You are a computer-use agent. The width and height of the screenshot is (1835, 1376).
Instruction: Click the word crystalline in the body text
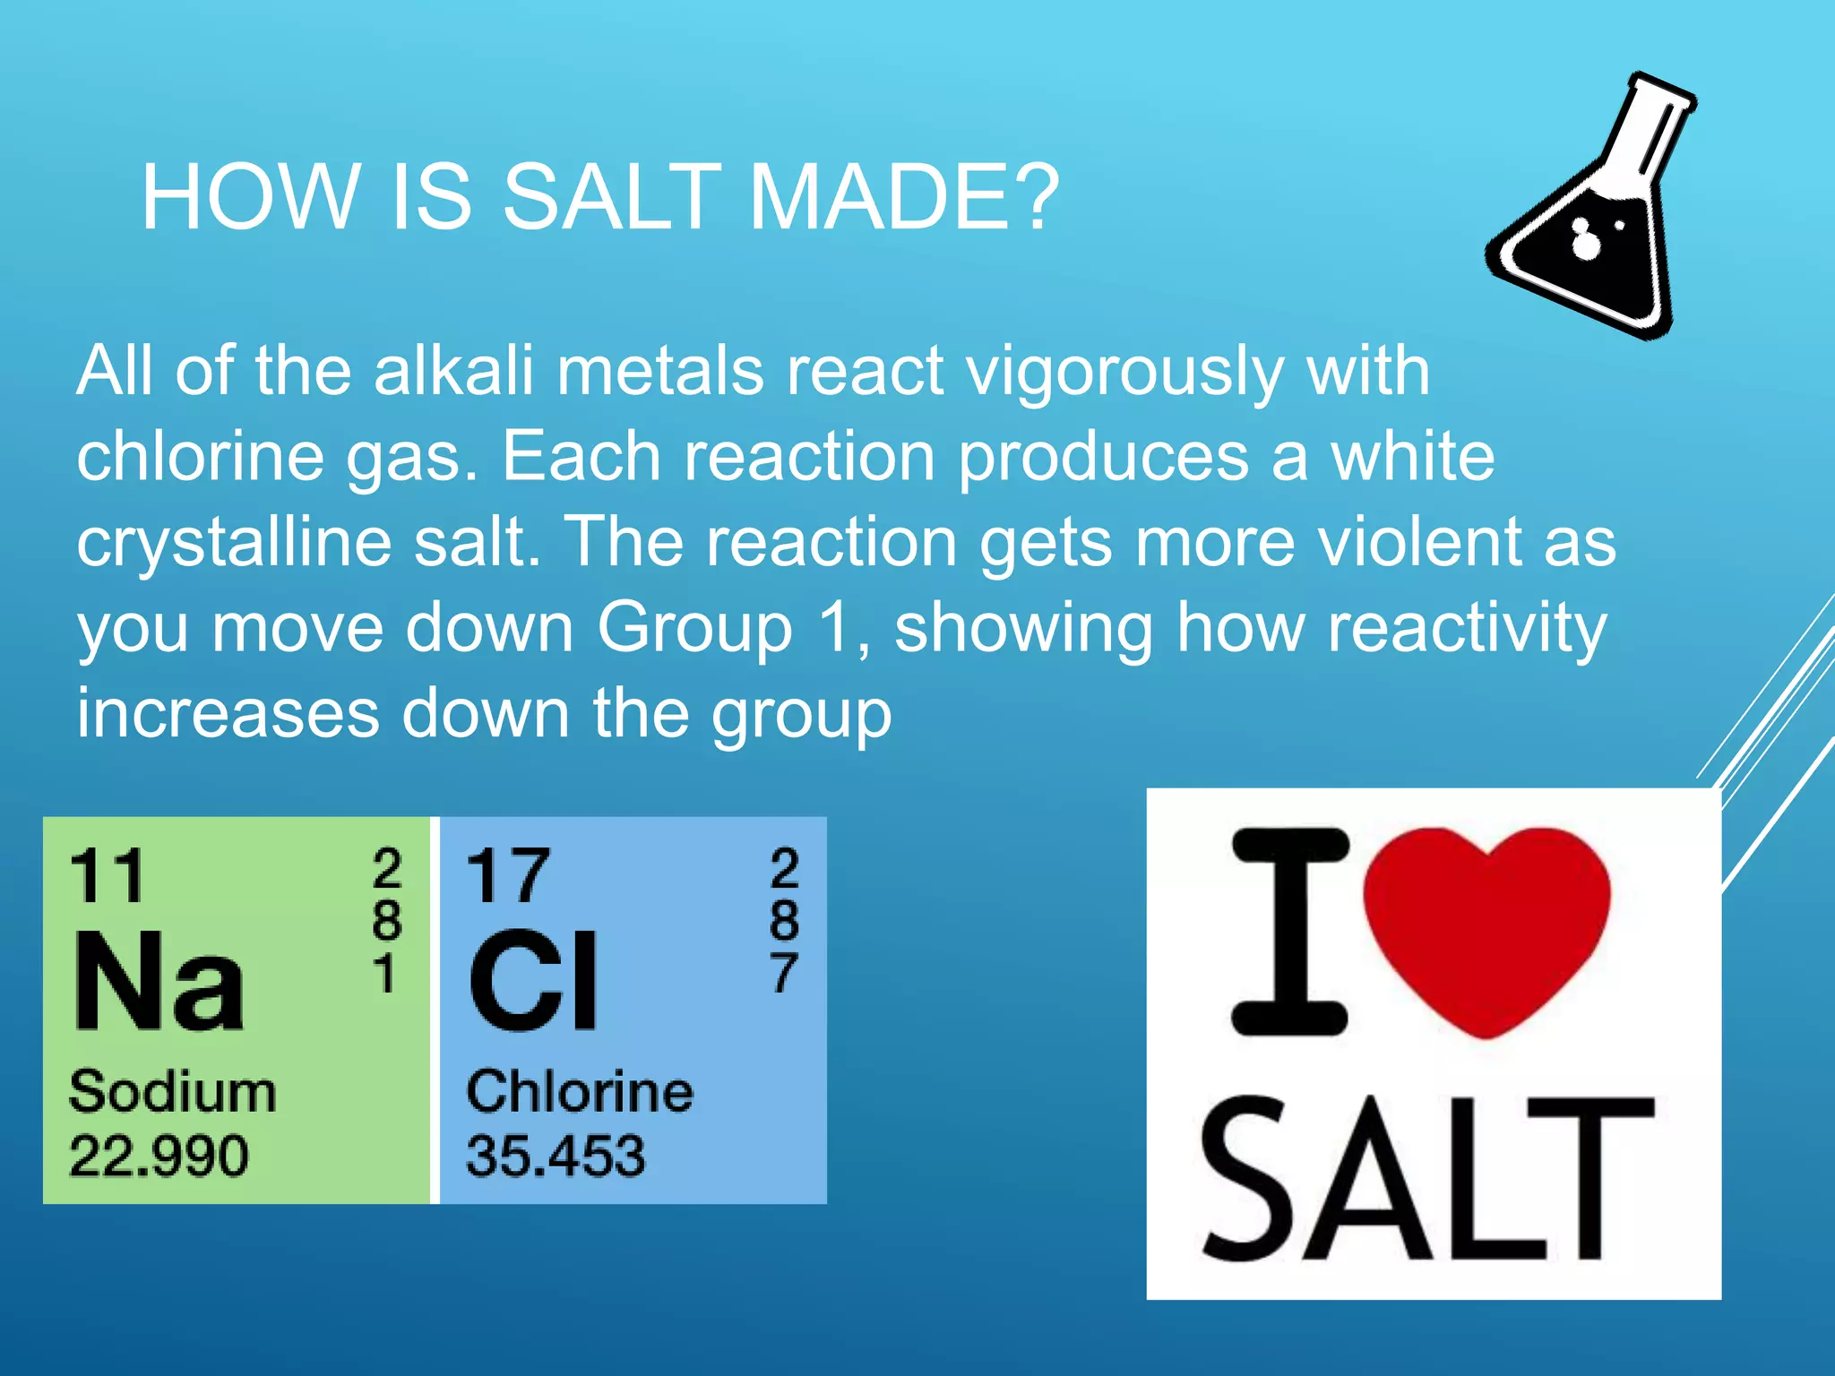(x=234, y=542)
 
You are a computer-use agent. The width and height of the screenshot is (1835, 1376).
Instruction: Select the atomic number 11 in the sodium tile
(x=108, y=876)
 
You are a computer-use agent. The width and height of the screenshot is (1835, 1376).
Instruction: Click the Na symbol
(x=159, y=981)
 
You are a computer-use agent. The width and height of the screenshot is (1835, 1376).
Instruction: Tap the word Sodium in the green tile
(x=173, y=1092)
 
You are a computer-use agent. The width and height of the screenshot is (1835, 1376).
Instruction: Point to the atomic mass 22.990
(x=159, y=1155)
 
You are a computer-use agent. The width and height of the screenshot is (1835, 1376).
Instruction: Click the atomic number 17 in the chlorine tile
(x=508, y=876)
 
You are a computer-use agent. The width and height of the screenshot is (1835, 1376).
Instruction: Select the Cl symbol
(x=534, y=981)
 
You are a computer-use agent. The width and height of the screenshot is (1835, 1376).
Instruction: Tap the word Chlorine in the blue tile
(x=580, y=1092)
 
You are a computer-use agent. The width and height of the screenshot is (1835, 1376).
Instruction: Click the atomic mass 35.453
(x=556, y=1155)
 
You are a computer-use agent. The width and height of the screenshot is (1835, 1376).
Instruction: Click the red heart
(x=1486, y=927)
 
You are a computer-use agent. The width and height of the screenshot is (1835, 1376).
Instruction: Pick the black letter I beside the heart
(x=1290, y=932)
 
